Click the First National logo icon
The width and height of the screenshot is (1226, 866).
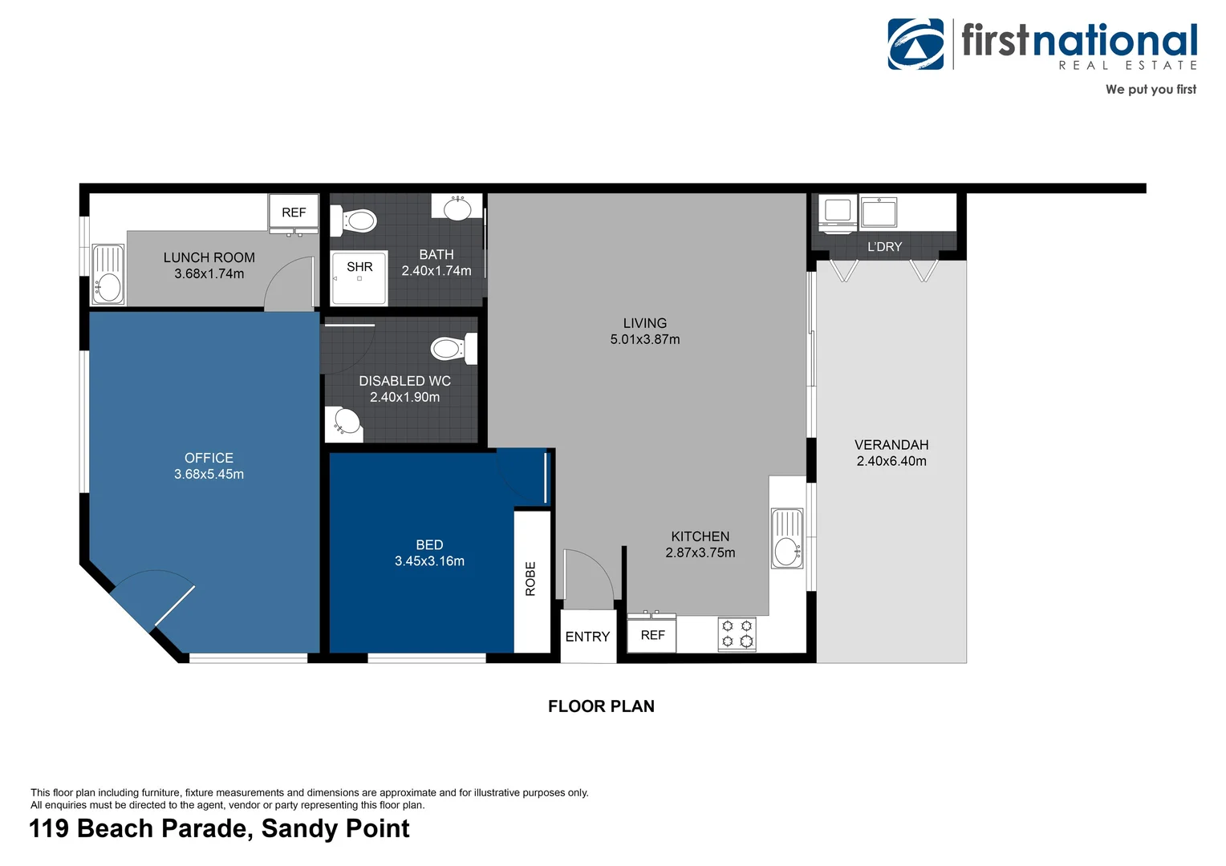point(915,44)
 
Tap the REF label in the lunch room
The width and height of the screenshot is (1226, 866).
point(294,212)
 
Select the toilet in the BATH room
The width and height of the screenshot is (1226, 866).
point(354,221)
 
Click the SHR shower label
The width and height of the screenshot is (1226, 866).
point(359,266)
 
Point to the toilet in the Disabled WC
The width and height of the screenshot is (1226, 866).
point(453,349)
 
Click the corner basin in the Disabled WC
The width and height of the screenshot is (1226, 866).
point(343,424)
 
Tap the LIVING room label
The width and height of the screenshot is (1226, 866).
point(645,323)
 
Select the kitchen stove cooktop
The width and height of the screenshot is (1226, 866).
point(737,634)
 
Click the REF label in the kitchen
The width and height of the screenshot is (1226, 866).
point(652,635)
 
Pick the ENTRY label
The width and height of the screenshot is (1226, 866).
point(587,637)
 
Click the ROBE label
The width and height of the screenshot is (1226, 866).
point(530,578)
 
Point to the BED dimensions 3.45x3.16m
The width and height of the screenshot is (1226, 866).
point(429,560)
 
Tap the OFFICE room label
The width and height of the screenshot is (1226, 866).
point(209,458)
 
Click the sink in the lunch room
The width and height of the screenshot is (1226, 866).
point(108,274)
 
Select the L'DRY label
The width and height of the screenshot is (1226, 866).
point(884,247)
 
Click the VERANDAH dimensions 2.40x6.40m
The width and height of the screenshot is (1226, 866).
point(891,461)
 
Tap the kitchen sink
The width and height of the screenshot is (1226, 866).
point(787,539)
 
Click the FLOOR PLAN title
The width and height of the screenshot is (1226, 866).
point(601,706)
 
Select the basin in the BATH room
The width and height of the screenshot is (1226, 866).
point(457,208)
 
